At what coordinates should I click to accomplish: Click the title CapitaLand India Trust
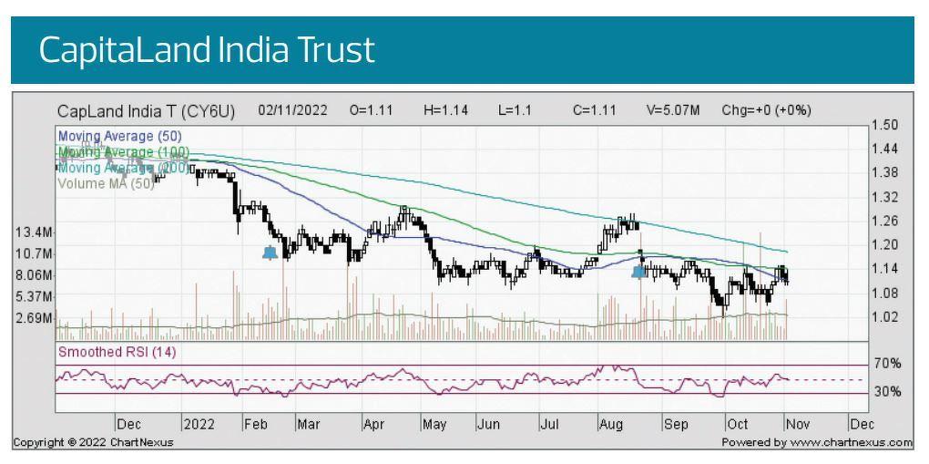coord(207,51)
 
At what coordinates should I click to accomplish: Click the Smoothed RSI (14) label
coord(117,353)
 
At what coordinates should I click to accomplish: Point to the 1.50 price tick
coord(885,125)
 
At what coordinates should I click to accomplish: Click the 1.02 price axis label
coord(885,317)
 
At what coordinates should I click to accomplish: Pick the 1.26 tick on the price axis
coord(885,221)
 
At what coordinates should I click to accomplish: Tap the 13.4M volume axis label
coord(32,232)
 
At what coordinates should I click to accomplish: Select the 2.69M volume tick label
coord(32,318)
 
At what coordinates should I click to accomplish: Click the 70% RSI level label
coord(887,364)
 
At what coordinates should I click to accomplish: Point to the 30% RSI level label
coord(887,392)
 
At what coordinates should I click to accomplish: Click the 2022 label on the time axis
coord(198,424)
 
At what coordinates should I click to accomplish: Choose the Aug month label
coord(610,424)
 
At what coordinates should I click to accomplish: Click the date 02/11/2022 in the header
coord(292,111)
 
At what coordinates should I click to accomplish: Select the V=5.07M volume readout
coord(673,111)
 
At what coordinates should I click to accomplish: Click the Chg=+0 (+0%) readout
coord(766,111)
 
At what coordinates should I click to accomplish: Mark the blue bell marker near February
coord(270,253)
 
